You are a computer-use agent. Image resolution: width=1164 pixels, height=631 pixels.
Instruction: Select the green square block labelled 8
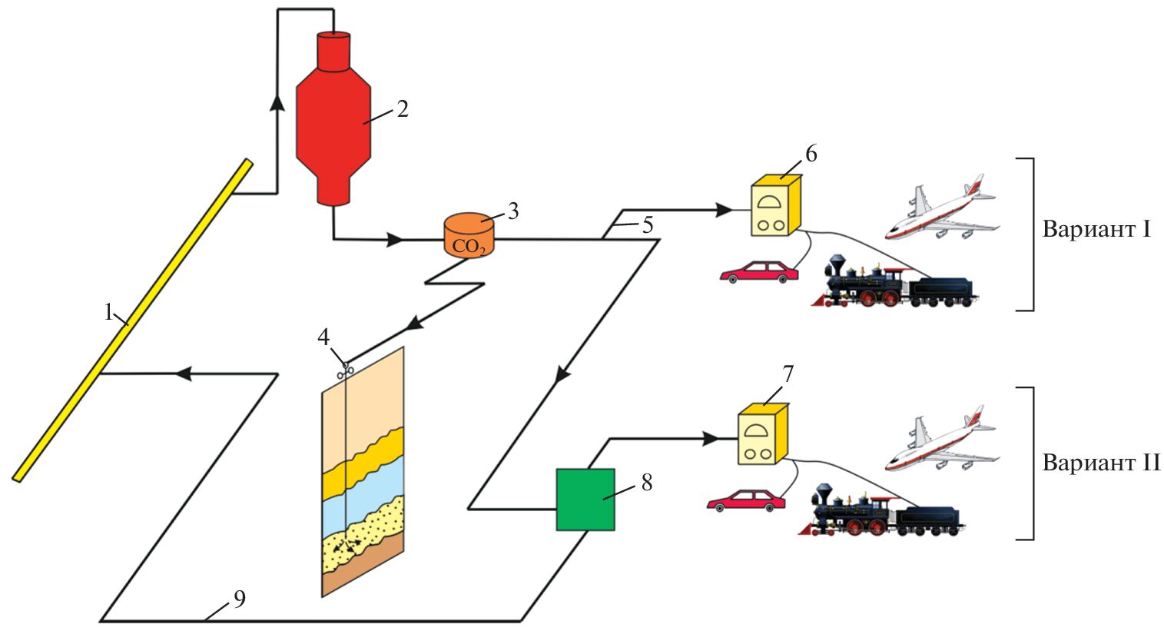585,500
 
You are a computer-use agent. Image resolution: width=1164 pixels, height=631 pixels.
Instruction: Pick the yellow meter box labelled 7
762,436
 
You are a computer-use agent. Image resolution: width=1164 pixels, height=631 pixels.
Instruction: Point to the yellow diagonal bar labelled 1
131,320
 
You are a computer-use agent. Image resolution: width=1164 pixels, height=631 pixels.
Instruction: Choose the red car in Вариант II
745,500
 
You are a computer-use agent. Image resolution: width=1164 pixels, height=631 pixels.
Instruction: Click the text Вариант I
1096,230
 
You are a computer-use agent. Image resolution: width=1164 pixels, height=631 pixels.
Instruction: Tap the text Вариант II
1100,463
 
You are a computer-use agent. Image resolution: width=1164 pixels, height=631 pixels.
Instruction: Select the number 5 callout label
647,225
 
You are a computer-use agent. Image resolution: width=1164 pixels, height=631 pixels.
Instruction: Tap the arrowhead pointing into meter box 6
723,209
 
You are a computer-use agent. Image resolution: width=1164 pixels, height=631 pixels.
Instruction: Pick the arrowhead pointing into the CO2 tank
395,240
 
